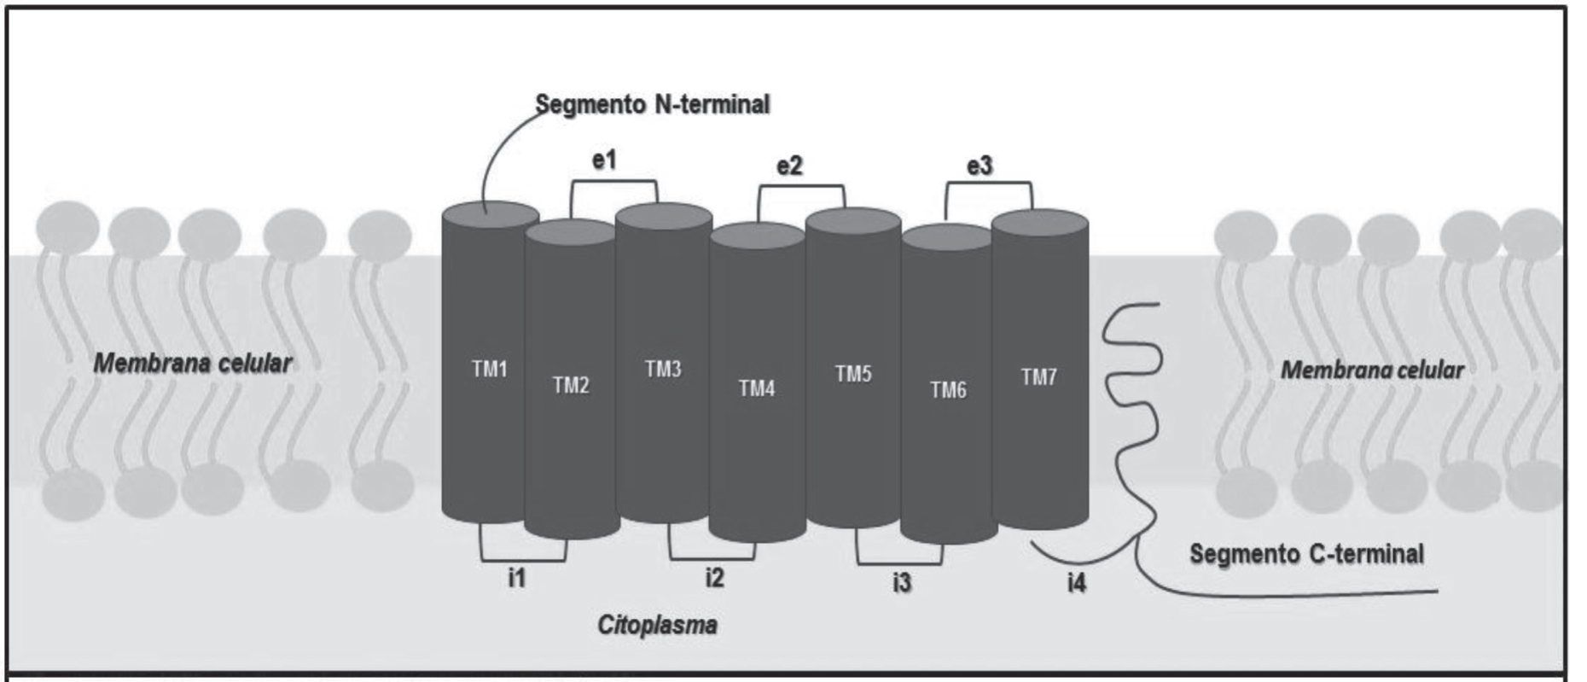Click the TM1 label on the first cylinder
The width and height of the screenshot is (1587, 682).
point(490,369)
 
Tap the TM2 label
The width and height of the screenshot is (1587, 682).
point(571,386)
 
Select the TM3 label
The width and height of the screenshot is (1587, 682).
point(663,369)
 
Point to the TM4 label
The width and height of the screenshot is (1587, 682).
point(757,389)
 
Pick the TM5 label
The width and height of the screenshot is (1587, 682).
point(853,374)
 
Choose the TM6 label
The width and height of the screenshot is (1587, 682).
point(948,390)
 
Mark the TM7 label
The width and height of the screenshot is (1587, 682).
point(1039,376)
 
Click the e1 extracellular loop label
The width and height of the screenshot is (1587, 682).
point(604,160)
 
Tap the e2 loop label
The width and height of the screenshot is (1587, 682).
point(789,166)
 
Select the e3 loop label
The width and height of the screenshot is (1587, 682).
point(980,166)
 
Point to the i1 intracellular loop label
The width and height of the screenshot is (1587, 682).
point(517,578)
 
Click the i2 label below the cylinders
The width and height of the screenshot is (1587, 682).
point(714,578)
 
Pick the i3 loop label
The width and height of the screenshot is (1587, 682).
point(902,583)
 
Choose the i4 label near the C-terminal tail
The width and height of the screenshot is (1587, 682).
point(1077,584)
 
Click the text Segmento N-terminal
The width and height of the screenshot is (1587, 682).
point(653,105)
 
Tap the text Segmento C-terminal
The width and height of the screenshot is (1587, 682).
point(1306,554)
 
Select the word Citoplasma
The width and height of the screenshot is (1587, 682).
point(657,626)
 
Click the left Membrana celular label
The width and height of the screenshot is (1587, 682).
point(193,364)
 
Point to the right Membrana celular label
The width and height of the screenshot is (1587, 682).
point(1373,370)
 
